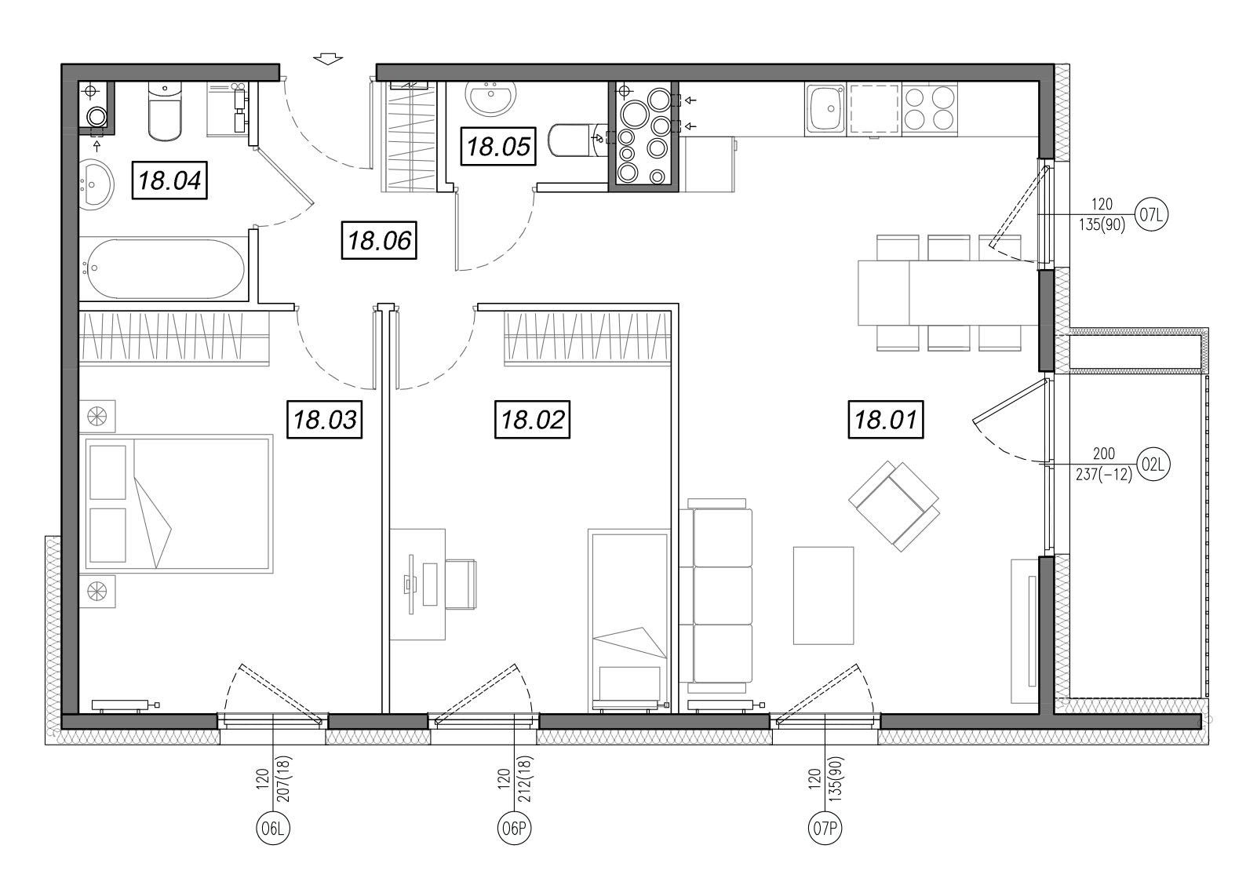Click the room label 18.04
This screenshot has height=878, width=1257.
coord(169,180)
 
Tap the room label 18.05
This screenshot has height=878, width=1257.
coord(498,147)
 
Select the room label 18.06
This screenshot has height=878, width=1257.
coord(379,240)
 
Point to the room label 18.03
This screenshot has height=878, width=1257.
coord(325,419)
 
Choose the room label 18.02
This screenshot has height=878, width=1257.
coord(533,419)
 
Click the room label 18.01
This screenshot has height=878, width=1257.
coord(886,419)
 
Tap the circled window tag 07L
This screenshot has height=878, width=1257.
coord(1151,214)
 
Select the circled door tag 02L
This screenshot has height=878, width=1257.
coord(1153,465)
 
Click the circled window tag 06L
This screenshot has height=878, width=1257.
coord(273,828)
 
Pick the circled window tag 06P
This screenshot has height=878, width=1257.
coord(514,828)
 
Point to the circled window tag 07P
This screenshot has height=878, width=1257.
coord(825,828)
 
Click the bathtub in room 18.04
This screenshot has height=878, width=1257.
coord(163,268)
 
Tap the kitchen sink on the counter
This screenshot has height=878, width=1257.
coord(825,109)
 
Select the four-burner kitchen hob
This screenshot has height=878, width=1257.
coord(930,109)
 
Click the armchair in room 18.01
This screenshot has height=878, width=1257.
coord(894,506)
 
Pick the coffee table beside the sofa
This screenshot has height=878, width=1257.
coord(823,596)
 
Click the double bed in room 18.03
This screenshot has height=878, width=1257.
coord(177,503)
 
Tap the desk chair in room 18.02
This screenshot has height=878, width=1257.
coord(461,584)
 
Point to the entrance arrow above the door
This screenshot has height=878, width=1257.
coord(328,59)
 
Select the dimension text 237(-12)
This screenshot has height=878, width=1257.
coord(1103,475)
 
